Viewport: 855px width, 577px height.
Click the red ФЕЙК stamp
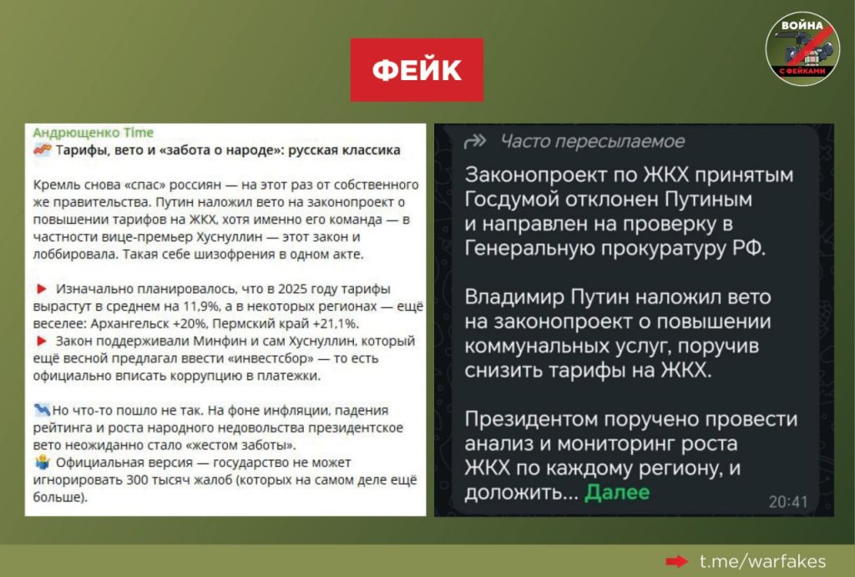pos(417,70)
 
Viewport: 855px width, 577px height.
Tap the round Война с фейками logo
pos(802,49)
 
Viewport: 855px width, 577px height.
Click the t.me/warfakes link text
pos(762,561)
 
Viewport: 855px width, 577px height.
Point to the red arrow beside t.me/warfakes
pos(676,561)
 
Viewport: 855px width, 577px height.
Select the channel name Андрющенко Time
pos(94,133)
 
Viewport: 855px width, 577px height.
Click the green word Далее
pos(617,493)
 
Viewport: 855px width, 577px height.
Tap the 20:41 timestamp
pos(788,502)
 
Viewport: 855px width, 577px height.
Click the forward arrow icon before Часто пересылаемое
pos(474,142)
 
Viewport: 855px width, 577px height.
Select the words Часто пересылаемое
pos(592,142)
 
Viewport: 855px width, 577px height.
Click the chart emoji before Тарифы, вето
pos(42,149)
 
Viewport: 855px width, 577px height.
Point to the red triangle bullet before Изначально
pos(42,289)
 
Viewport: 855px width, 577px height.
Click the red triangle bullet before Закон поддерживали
pos(42,341)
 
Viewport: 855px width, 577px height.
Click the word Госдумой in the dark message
pos(510,200)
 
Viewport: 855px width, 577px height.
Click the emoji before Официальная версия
pos(42,463)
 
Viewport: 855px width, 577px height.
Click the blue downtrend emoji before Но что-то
pos(42,410)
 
